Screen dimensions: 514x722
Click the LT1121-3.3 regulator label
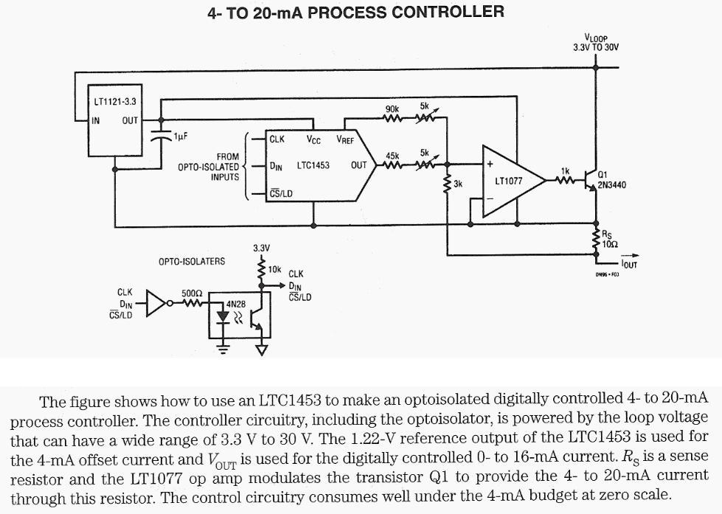115,100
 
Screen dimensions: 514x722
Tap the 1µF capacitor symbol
157,136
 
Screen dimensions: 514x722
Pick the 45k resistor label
392,156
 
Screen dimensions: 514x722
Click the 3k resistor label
458,183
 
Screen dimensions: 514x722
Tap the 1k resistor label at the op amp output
566,170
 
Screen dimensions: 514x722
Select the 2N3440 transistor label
611,185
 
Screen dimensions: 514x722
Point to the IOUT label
630,263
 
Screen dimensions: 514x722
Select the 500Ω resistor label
192,293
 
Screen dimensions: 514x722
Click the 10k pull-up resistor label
274,269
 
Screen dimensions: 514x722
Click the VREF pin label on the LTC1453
345,139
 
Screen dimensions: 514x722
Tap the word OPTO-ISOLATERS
192,261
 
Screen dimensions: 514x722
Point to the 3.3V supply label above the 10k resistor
261,248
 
